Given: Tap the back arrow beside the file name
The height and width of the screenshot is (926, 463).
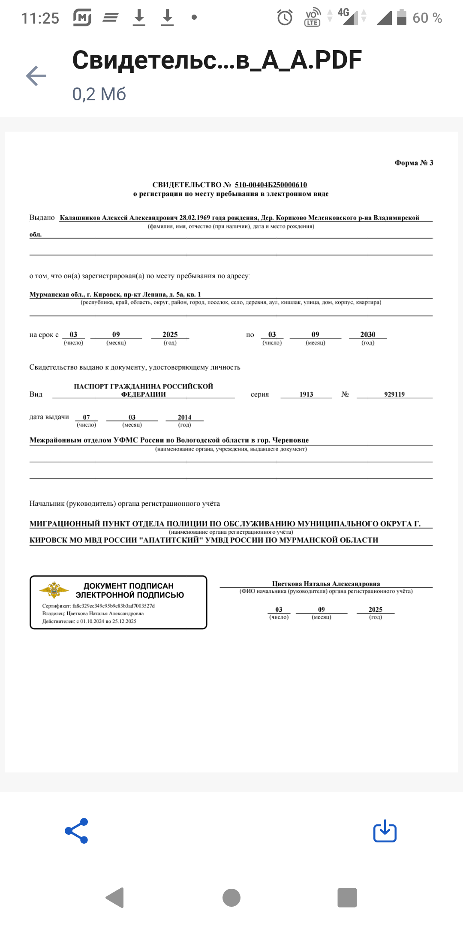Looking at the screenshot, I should [x=36, y=76].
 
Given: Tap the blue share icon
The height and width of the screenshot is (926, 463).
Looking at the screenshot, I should [x=77, y=831].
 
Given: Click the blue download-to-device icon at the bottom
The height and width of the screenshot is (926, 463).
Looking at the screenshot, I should [x=385, y=831].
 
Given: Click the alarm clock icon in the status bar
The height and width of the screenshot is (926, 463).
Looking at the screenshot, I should [x=285, y=18].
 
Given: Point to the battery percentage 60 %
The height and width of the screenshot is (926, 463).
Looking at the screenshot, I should [x=427, y=18].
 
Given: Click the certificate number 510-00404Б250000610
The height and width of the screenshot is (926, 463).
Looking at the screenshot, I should [x=271, y=185].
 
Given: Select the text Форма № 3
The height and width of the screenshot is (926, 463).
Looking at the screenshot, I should [x=414, y=163].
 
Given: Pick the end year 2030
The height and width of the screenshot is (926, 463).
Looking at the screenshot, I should [x=367, y=334].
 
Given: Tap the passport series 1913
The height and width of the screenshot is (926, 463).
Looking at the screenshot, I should [x=306, y=394].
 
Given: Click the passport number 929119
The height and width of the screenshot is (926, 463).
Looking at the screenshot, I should [x=394, y=394].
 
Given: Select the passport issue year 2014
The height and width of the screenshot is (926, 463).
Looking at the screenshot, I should [x=184, y=417].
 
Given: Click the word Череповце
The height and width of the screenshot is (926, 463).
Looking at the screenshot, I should [x=290, y=440].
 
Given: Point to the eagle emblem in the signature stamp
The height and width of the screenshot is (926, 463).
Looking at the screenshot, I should [x=54, y=590].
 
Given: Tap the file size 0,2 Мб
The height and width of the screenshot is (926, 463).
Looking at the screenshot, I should [x=99, y=94].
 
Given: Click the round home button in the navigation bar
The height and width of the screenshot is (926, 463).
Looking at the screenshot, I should [x=231, y=897].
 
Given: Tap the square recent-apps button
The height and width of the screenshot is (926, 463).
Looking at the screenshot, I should [x=347, y=897].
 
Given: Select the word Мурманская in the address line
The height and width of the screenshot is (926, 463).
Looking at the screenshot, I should [x=49, y=295].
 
